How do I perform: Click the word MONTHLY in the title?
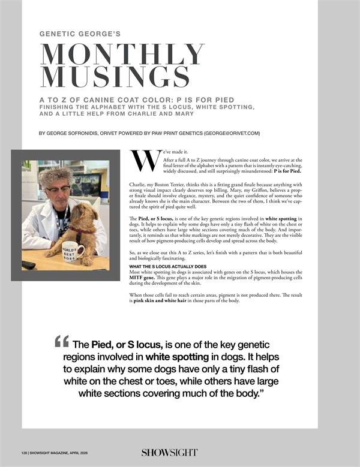click(x=122, y=55)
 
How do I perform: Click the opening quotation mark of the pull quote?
click(x=61, y=343)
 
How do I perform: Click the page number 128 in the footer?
click(x=23, y=452)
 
